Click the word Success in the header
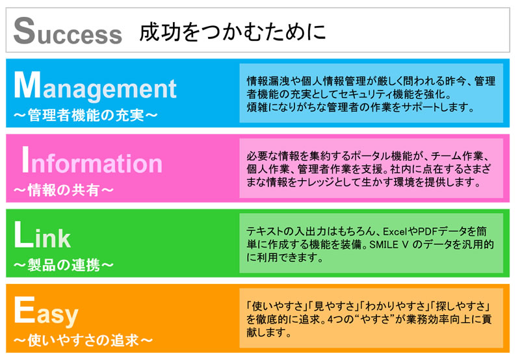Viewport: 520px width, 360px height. coord(68,31)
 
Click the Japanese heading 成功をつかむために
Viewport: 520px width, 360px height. coord(233,32)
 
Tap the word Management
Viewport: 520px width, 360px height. coord(95,86)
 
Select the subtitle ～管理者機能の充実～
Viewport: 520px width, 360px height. coord(86,116)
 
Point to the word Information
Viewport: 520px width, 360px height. coord(92,161)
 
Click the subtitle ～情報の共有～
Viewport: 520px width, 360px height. coord(64,190)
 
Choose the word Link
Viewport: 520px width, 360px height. coord(42,235)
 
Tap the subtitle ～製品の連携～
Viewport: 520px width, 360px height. coord(64,265)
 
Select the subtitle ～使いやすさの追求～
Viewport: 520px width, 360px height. coord(83,341)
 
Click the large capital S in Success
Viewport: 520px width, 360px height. coord(24,31)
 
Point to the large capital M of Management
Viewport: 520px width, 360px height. coord(27,85)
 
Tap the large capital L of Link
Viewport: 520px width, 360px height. coord(23,235)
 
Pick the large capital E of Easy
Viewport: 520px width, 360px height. coord(25,309)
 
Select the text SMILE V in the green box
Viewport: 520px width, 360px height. coord(389,244)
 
